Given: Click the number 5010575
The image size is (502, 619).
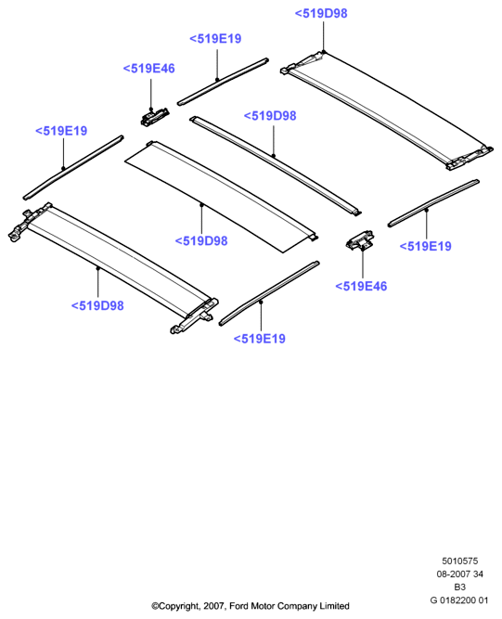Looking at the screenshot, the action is coord(459,561).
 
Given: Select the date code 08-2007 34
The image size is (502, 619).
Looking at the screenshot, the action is coord(459,574).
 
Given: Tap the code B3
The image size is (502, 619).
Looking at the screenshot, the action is coord(459,587).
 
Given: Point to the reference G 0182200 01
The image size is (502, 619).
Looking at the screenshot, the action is coord(459,600).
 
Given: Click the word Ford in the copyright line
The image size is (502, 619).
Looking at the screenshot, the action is coord(238,606).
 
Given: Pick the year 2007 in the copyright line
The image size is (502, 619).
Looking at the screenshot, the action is coord(213,606).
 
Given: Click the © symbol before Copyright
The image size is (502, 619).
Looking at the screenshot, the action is coord(155,606).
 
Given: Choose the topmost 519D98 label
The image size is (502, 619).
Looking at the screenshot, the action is coord(321,13).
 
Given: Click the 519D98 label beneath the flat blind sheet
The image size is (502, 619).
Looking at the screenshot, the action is coord(201,240).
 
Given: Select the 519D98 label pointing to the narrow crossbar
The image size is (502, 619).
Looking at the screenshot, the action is coord(270,116).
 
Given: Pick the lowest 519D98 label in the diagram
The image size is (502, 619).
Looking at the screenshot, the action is coord(97,305).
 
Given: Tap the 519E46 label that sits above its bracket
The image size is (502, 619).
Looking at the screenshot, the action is coord(148,69).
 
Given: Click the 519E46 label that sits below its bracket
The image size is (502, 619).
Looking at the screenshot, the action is coord(361,286).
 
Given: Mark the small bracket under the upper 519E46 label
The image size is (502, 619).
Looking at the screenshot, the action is coord(155,117).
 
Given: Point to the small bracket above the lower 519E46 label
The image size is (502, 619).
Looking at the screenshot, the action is coord(360,240).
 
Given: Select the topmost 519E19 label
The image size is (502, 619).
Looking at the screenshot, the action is coord(215,39).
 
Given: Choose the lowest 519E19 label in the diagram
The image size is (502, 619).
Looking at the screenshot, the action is coord(259,339).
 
